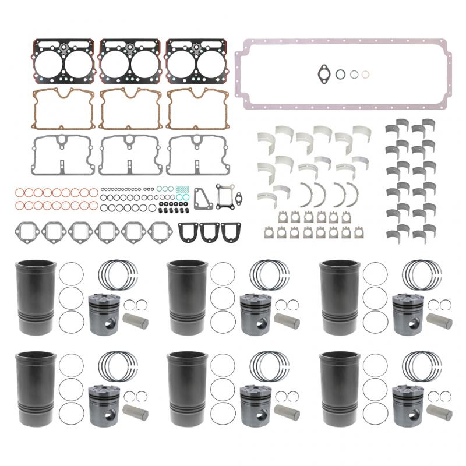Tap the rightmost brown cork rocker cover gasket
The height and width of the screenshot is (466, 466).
(196, 108)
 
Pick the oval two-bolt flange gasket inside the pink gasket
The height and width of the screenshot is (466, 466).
(324, 73)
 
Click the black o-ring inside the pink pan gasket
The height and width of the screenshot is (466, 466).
(340, 74)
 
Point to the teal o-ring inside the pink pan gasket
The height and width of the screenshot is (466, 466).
(353, 75)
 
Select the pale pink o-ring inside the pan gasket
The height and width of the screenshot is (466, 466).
(365, 75)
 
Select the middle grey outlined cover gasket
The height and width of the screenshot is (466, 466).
(129, 155)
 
